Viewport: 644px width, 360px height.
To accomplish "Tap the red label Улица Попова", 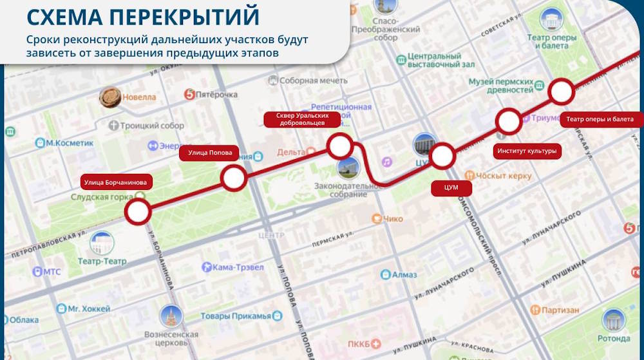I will pos(209,153).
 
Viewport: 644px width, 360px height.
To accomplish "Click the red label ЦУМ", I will pos(451,188).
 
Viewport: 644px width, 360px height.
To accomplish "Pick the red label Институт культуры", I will pos(527,151).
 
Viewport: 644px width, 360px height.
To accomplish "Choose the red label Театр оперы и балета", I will pos(600,119).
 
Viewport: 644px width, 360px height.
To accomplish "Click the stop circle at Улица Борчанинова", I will pos(138,211).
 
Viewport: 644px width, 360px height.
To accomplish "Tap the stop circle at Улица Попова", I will pos(234,178).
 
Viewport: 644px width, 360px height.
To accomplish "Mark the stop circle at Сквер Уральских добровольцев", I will pos(339,146).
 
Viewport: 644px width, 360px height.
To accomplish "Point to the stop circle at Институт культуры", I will pos(509,120).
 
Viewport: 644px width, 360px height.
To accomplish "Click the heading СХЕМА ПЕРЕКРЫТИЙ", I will pos(144,15).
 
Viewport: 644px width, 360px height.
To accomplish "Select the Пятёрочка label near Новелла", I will pos(216,95).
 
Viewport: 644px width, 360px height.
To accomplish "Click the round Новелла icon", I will pos(110,97).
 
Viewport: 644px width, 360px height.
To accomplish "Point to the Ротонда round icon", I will pos(613,320).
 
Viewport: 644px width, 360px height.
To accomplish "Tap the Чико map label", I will pos(392,219).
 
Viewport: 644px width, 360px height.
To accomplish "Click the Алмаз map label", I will pos(403,274).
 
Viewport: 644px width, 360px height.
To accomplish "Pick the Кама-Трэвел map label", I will pos(238,267).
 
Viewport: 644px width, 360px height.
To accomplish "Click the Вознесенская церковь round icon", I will pos(171,316).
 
